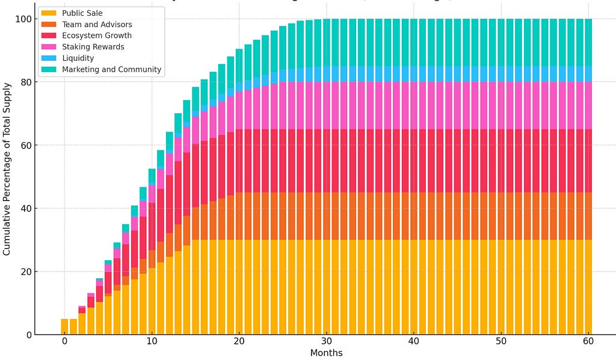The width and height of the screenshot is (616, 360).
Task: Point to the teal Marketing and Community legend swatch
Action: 49,69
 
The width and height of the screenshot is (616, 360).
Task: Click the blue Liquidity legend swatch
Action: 49,58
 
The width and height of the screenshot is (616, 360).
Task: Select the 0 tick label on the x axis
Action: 64,341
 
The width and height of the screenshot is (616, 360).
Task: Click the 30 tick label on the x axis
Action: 326,341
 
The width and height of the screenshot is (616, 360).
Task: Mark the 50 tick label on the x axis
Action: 500,341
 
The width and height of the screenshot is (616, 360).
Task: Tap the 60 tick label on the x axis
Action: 588,341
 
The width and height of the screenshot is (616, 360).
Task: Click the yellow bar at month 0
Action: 64,326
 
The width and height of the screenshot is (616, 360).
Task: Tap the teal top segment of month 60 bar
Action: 588,42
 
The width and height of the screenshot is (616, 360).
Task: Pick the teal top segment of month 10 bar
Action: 152,176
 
